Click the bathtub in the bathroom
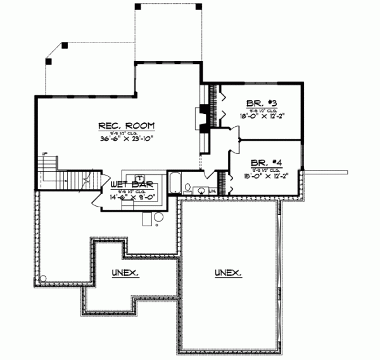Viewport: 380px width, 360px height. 174,183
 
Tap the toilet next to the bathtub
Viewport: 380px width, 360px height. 188,188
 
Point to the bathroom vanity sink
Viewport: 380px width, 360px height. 201,190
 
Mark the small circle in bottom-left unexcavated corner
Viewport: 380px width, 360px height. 43,278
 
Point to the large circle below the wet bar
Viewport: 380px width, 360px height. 158,217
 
